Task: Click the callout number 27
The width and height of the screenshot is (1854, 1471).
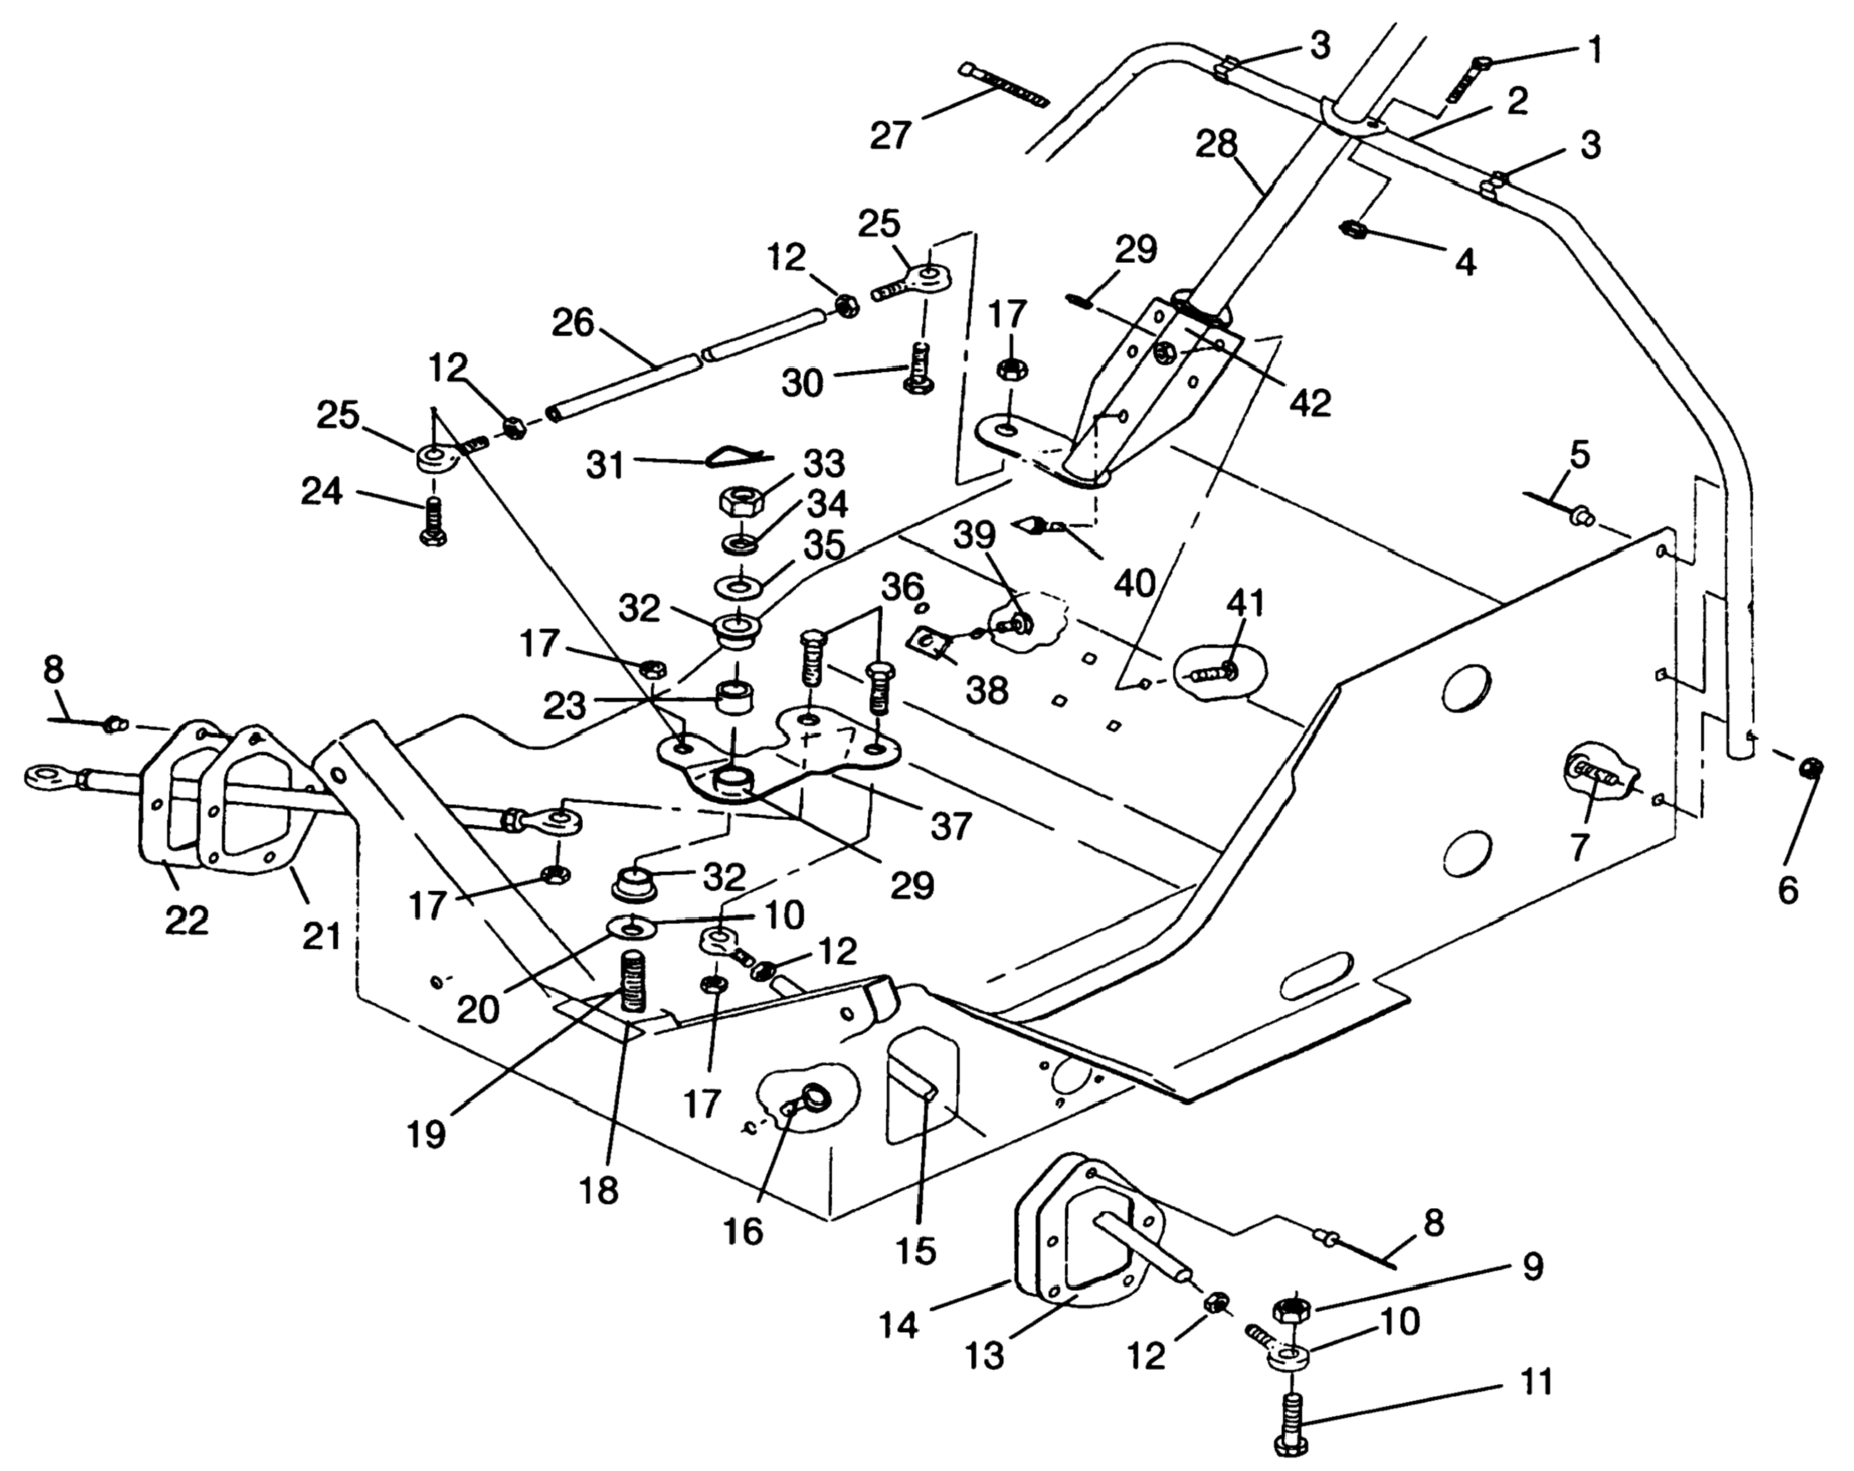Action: (x=889, y=135)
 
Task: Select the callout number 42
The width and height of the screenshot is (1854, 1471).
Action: (x=1310, y=402)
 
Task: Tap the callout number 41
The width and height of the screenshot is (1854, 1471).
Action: (x=1246, y=603)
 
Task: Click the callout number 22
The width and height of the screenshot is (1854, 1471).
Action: (x=187, y=921)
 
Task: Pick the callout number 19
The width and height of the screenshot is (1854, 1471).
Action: (x=428, y=1134)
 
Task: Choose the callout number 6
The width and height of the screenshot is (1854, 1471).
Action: (x=1788, y=890)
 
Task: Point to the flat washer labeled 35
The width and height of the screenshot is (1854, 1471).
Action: (x=736, y=587)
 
